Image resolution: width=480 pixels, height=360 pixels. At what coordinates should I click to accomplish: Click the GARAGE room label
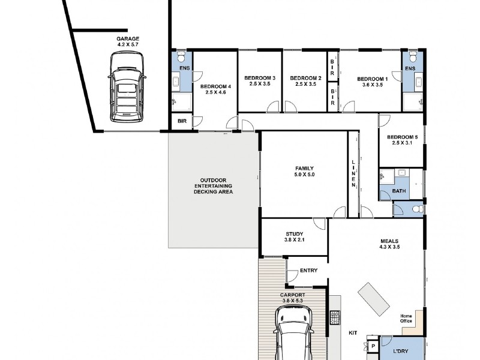pos(128,39)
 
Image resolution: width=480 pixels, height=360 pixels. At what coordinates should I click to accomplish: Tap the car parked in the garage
pos(127,87)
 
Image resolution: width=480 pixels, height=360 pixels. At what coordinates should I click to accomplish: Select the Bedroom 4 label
pos(215,86)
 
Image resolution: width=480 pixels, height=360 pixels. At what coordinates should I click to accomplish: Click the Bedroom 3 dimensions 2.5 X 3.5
pos(260,84)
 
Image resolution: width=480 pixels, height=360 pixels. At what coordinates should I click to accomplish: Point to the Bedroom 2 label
pos(305,78)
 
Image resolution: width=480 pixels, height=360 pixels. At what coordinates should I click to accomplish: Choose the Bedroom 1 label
pos(372,79)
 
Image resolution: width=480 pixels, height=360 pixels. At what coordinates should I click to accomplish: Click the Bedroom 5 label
pos(402,137)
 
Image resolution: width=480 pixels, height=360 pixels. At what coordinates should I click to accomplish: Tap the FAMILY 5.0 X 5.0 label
pos(304,172)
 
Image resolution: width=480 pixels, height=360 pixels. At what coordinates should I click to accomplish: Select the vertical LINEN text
pos(353,173)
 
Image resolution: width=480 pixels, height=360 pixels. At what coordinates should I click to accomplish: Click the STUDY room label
pos(294,234)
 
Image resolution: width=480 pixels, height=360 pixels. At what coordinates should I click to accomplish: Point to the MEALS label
pos(389,241)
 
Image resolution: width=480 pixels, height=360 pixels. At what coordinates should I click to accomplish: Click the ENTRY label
pos(308,271)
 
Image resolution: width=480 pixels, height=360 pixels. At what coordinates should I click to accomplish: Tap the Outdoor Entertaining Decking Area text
pos(213,186)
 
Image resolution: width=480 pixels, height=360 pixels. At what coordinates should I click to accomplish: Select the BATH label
pos(399,191)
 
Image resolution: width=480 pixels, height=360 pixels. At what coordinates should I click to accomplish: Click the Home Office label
pos(406,319)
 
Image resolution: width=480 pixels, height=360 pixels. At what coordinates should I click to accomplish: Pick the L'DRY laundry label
pos(400,352)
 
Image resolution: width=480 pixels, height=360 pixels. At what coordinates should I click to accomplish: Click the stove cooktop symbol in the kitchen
pos(335,317)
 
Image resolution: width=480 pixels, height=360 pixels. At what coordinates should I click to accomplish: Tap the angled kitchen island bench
pos(374,299)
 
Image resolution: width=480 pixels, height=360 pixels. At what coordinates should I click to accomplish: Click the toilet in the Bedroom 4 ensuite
pos(182,56)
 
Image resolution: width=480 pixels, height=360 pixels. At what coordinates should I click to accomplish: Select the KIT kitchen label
pos(353,333)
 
